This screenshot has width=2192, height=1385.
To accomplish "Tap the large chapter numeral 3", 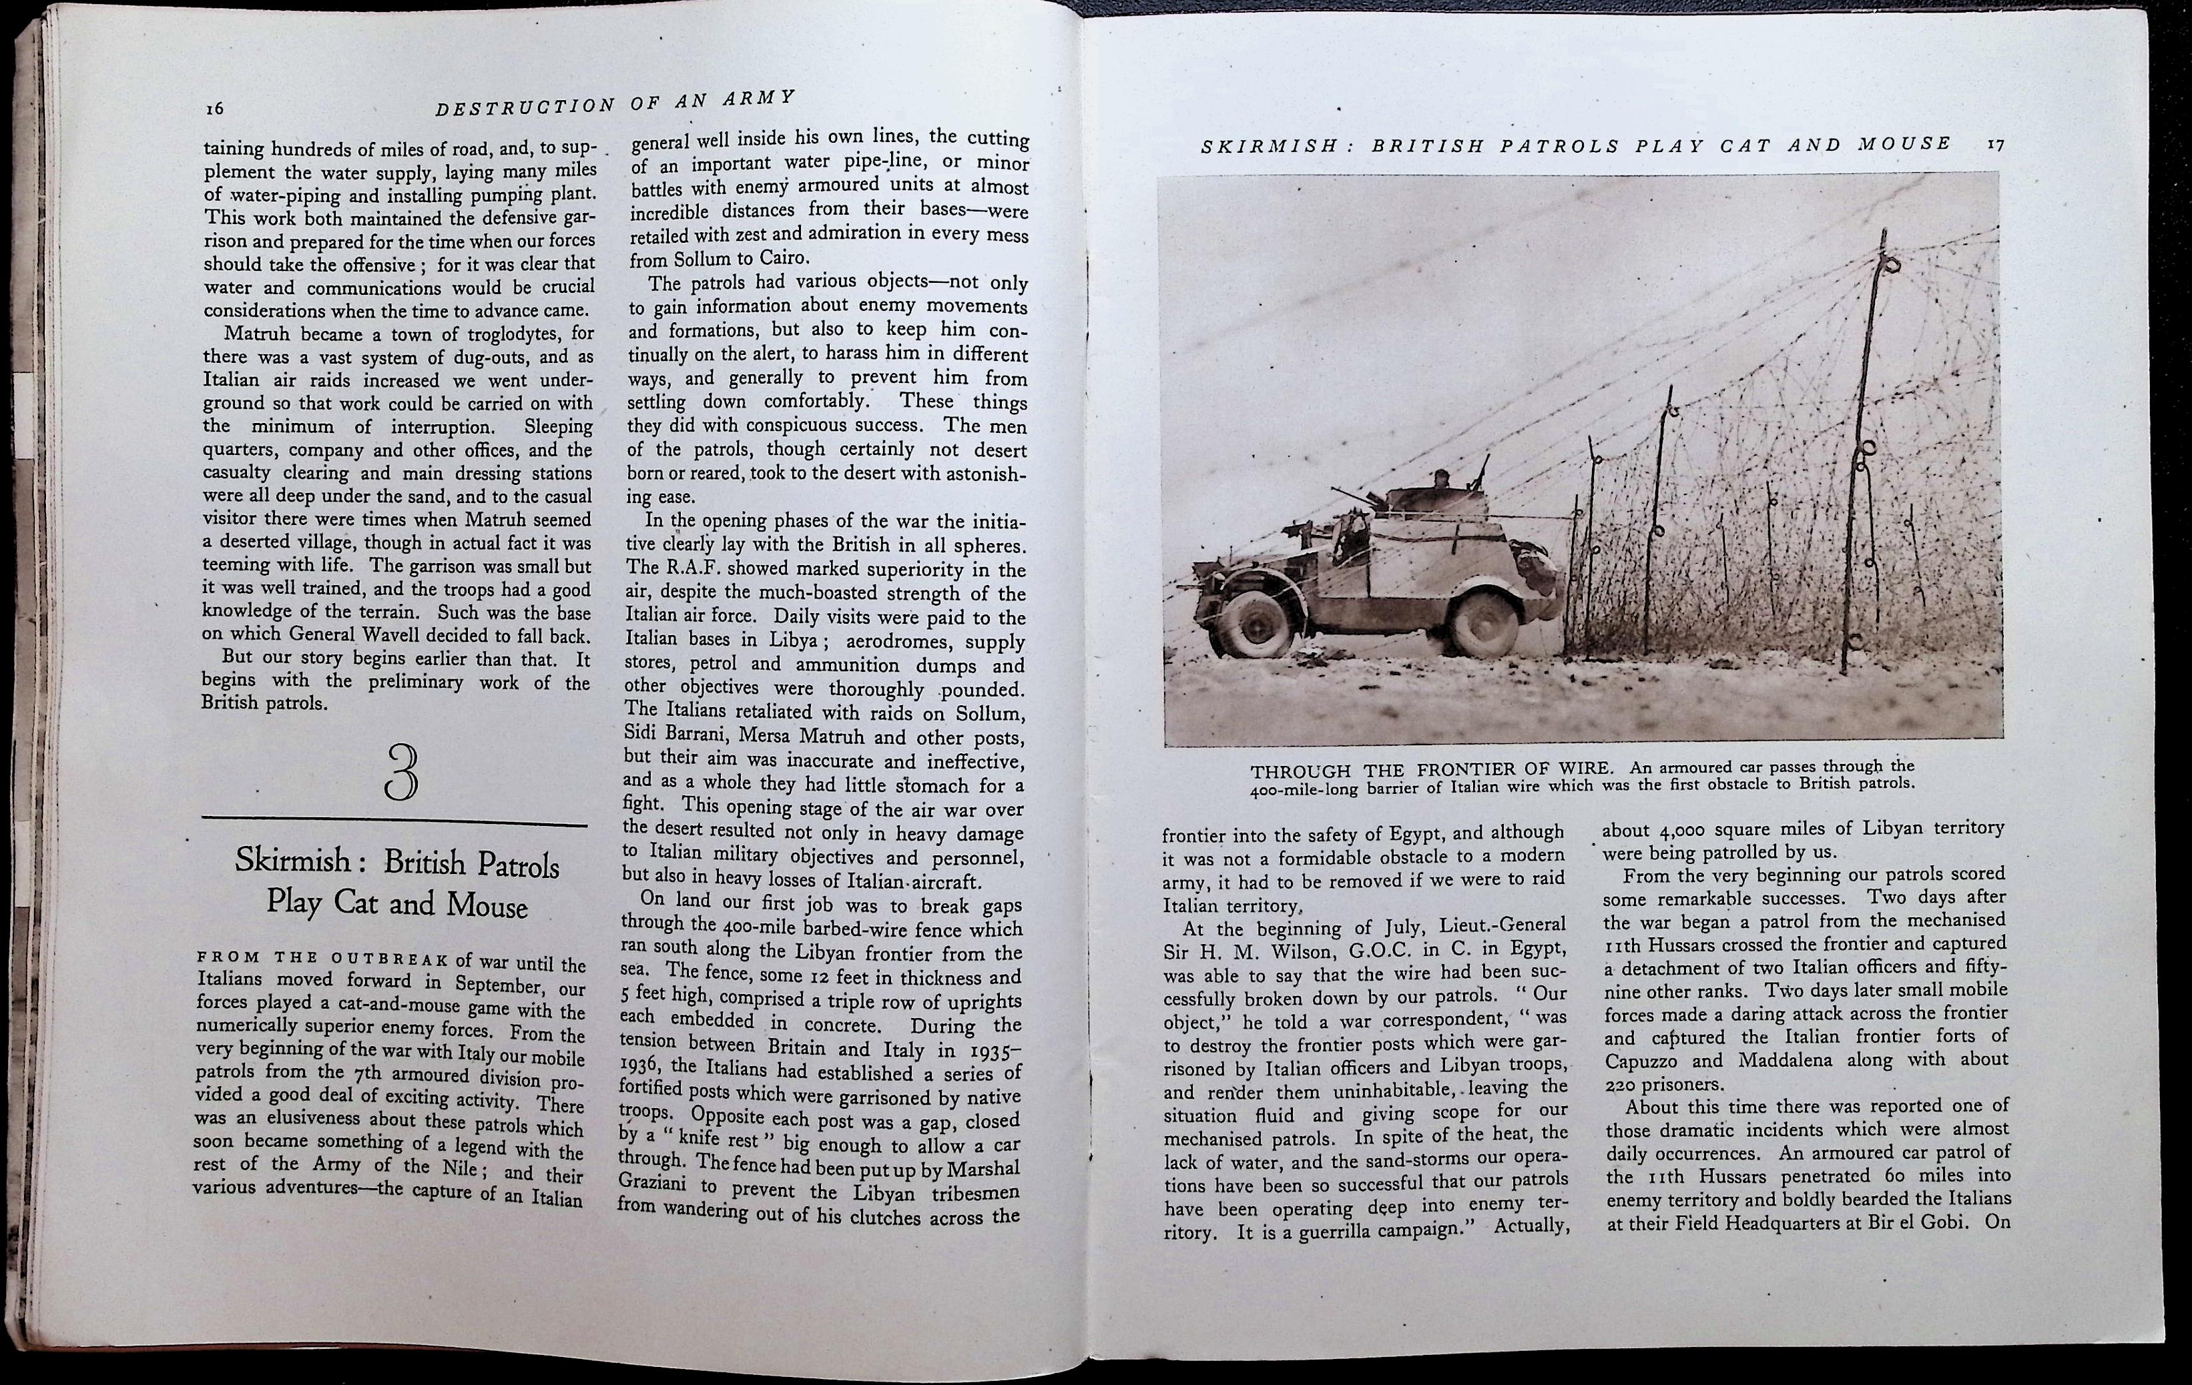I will click(x=400, y=773).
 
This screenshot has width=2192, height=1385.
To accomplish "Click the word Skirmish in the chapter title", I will click(x=293, y=859).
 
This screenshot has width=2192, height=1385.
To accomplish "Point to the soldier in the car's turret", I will click(x=1439, y=480).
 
